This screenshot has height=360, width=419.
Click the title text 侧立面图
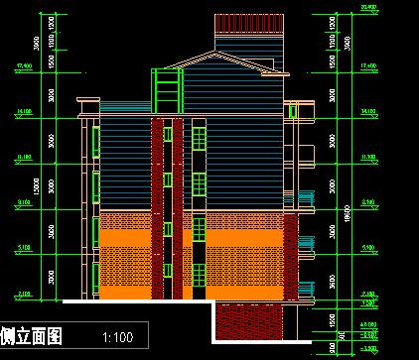click(x=33, y=337)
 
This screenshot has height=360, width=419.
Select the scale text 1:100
click(x=118, y=338)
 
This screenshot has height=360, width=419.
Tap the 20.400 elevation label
click(x=369, y=7)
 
